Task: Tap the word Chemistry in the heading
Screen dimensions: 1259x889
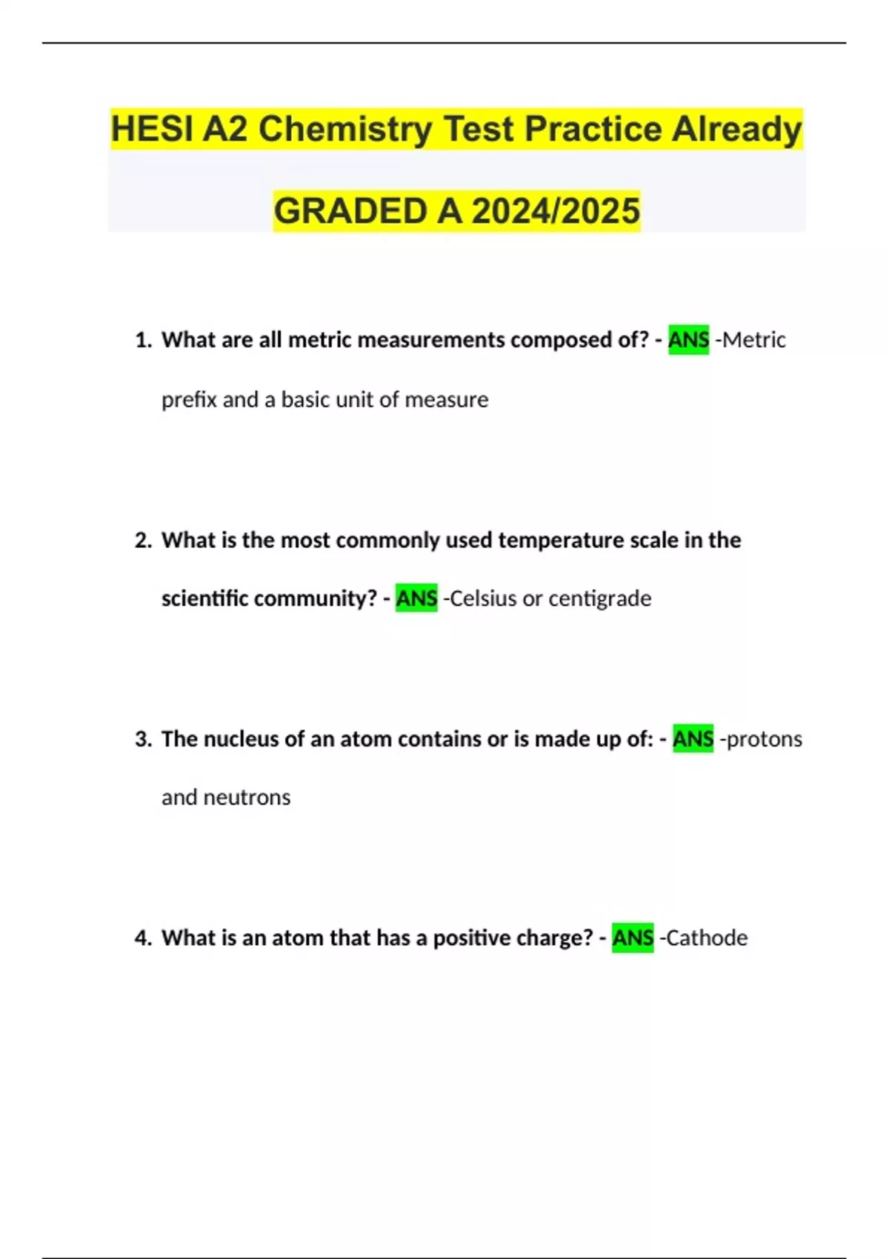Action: pyautogui.click(x=345, y=130)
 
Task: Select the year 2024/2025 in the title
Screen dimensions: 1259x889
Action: pyautogui.click(x=556, y=211)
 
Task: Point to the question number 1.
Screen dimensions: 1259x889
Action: pyautogui.click(x=142, y=340)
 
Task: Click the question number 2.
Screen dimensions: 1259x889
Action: pyautogui.click(x=142, y=541)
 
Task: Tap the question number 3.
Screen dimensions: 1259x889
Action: pyautogui.click(x=142, y=739)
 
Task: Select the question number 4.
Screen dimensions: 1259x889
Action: pyautogui.click(x=142, y=938)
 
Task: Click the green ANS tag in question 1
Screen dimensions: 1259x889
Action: pyautogui.click(x=688, y=340)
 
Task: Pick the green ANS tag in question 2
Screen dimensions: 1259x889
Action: pyautogui.click(x=416, y=598)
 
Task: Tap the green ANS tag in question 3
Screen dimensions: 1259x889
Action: pyautogui.click(x=693, y=739)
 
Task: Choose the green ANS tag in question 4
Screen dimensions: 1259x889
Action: pyautogui.click(x=633, y=938)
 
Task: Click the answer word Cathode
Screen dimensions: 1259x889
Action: pyautogui.click(x=707, y=938)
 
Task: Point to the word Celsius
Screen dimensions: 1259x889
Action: pyautogui.click(x=483, y=598)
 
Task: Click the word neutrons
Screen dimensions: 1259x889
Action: pyautogui.click(x=247, y=798)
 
